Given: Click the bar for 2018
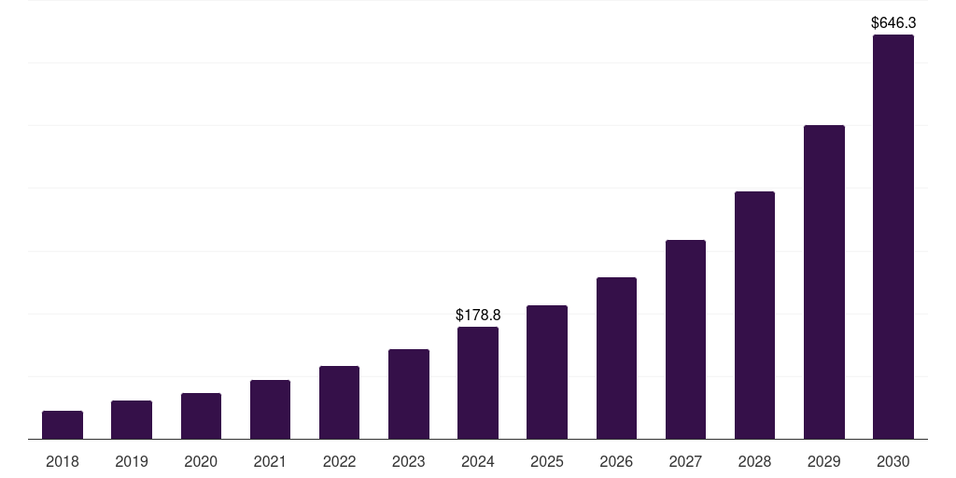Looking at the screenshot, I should pyautogui.click(x=63, y=425).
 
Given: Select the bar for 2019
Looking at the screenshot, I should pyautogui.click(x=132, y=420).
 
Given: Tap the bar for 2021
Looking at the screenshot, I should pyautogui.click(x=270, y=410).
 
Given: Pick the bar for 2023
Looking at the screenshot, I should pyautogui.click(x=409, y=394).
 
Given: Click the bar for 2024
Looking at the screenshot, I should pyautogui.click(x=478, y=383).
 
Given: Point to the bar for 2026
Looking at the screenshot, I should pyautogui.click(x=616, y=358).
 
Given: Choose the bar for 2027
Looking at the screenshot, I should pyautogui.click(x=685, y=340).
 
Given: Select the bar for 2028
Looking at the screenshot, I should pyautogui.click(x=754, y=316).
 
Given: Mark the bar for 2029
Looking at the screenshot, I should pyautogui.click(x=824, y=282).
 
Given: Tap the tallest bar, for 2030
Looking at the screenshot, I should pyautogui.click(x=893, y=237).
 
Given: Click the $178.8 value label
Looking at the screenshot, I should pyautogui.click(x=478, y=316).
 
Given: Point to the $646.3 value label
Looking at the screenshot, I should pyautogui.click(x=893, y=22).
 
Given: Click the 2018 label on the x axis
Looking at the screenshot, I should pyautogui.click(x=63, y=461).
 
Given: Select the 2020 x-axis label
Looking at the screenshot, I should pyautogui.click(x=201, y=461).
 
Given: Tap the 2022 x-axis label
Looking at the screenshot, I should pyautogui.click(x=340, y=461).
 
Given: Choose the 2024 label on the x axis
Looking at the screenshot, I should pyautogui.click(x=478, y=461).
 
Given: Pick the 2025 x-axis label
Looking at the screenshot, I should pyautogui.click(x=547, y=461).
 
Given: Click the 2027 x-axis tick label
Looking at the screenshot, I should pyautogui.click(x=685, y=461).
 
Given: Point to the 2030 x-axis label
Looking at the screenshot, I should pyautogui.click(x=893, y=461).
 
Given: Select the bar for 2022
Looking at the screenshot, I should pyautogui.click(x=340, y=402).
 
